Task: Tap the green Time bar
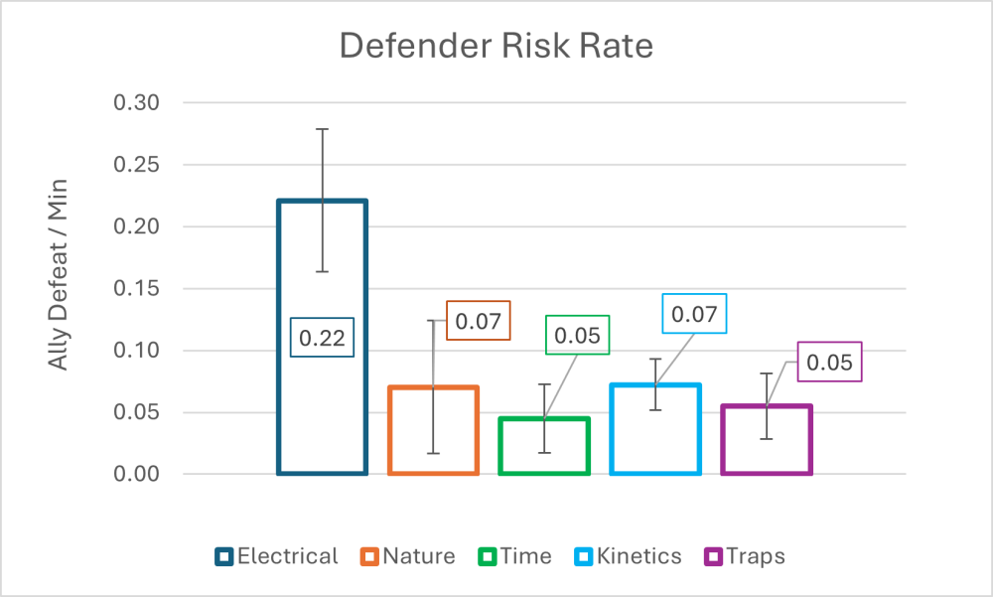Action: (544, 447)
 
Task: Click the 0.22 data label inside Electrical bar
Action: (322, 338)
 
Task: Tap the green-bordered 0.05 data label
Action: (576, 335)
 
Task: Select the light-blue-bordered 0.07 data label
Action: (694, 314)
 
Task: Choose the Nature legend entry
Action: (408, 556)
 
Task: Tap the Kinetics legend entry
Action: (628, 556)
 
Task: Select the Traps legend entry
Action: (745, 556)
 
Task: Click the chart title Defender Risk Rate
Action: (496, 47)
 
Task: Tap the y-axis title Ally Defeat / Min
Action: (59, 288)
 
